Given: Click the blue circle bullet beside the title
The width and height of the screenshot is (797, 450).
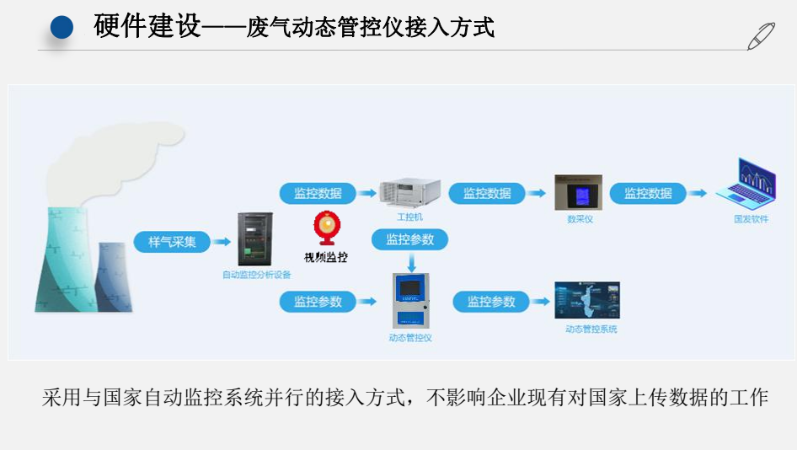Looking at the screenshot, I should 62,28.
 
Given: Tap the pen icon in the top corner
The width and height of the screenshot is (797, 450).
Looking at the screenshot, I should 761,36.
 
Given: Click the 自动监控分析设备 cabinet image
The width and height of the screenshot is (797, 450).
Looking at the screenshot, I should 255,239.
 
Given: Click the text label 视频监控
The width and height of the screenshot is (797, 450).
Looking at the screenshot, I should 326,257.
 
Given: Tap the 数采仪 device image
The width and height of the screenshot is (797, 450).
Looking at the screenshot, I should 578,193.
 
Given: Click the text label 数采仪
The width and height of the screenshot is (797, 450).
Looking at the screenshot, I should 580,219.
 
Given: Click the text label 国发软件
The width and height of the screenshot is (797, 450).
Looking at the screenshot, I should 751,219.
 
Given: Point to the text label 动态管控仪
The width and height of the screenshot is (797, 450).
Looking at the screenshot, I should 410,337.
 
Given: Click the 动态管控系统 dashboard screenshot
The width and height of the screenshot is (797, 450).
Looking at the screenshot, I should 587,301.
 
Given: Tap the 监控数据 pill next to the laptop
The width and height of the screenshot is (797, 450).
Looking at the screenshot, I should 648,193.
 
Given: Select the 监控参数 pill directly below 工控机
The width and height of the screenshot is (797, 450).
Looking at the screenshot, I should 410,239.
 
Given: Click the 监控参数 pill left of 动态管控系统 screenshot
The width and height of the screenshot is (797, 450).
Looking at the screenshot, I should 491,301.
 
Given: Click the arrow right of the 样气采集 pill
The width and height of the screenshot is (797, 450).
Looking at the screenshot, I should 221,242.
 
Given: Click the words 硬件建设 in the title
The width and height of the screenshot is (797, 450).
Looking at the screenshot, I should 147,27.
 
